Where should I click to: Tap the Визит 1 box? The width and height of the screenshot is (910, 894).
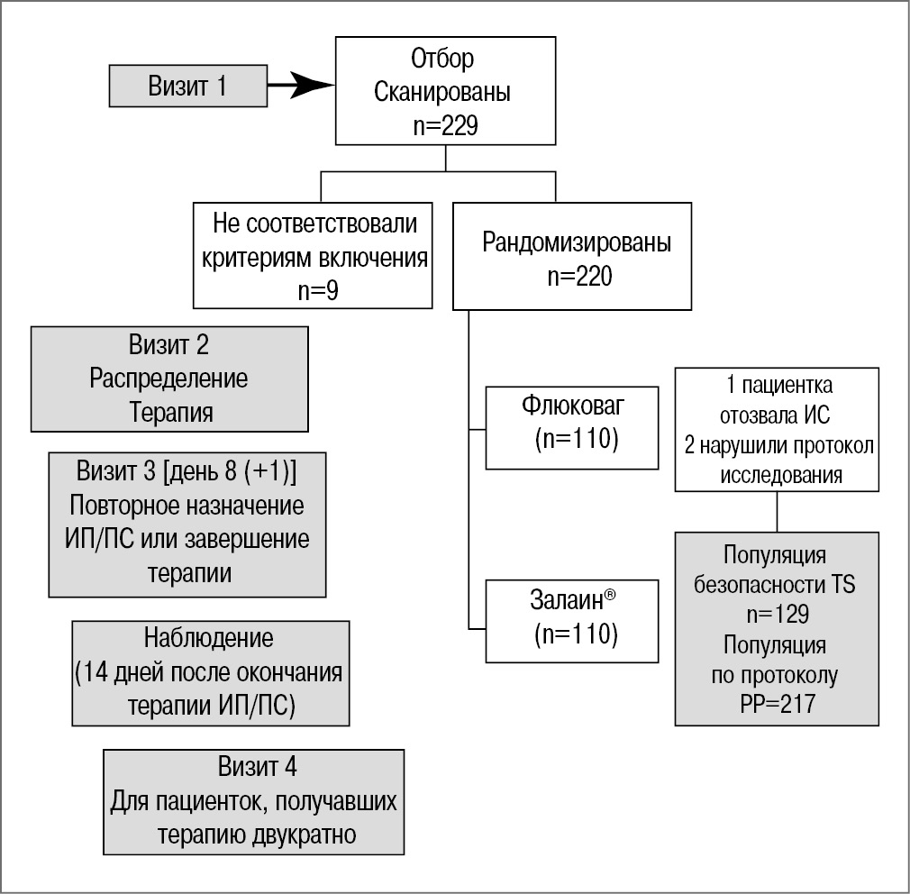[x=187, y=87]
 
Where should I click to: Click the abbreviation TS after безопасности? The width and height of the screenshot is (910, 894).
[x=842, y=584]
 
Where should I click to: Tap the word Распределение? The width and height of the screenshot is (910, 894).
[x=168, y=379]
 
